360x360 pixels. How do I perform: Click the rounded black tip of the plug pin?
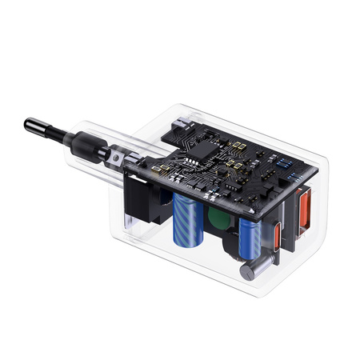[30, 125]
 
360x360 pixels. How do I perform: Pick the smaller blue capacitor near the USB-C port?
[248, 238]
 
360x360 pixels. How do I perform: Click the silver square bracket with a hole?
[118, 160]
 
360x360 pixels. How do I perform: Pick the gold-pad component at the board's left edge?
[165, 170]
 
